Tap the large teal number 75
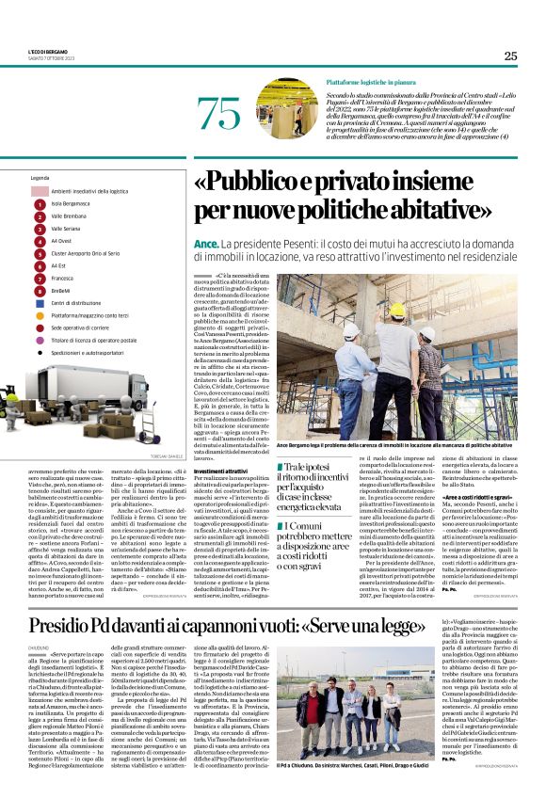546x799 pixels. tap(219, 114)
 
